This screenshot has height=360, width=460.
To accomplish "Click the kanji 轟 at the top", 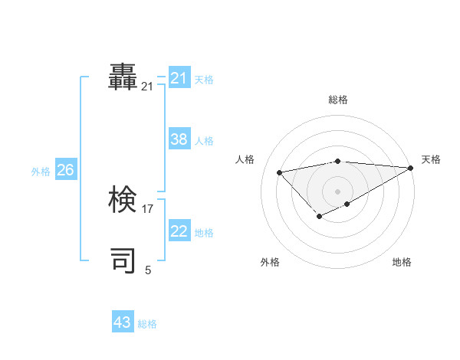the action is point(123,77).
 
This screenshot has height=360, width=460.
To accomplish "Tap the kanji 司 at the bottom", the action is point(123,260).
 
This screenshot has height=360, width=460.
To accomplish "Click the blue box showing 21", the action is point(179,78).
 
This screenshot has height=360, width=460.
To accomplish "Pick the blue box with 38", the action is point(179,139).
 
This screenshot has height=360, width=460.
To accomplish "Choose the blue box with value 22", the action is point(179,231).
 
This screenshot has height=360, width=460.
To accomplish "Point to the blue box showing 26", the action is point(65,170).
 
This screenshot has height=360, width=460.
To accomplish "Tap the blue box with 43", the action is point(123,322).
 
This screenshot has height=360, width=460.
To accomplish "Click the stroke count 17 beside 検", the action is point(148,208).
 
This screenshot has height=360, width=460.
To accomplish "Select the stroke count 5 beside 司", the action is point(148,270).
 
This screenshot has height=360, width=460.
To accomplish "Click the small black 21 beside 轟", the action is point(147,87).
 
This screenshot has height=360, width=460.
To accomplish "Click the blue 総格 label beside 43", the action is point(147,324).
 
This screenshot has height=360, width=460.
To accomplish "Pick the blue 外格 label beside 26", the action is point(41,172).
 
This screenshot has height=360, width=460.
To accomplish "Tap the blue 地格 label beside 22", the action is point(204,233).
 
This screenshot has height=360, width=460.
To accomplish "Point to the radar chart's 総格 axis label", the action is point(337,100).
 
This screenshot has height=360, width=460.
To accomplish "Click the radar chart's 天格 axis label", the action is point(431,159).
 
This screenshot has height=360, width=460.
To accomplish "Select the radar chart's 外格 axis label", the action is point(270,262).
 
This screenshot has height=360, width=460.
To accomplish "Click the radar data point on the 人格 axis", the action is point(279,172).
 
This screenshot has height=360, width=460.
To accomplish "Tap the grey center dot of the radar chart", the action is point(337,191).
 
